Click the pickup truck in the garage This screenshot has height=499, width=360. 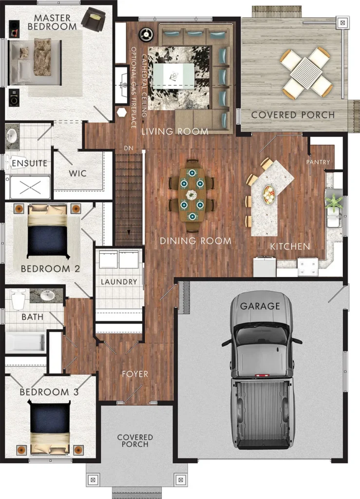[262, 371]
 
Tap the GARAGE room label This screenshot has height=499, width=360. [260, 306]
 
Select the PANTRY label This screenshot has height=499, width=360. [318, 162]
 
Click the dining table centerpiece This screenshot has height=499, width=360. [191, 195]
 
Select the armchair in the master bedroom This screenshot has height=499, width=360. [93, 19]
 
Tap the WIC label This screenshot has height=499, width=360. [77, 173]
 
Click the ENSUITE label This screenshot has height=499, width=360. [29, 163]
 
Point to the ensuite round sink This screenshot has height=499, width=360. [12, 136]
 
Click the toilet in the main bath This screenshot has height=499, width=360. [19, 299]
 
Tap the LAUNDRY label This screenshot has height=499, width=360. [119, 282]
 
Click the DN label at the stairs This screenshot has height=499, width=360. [129, 148]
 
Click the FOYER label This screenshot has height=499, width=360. [135, 374]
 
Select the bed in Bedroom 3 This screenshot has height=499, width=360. [50, 427]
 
